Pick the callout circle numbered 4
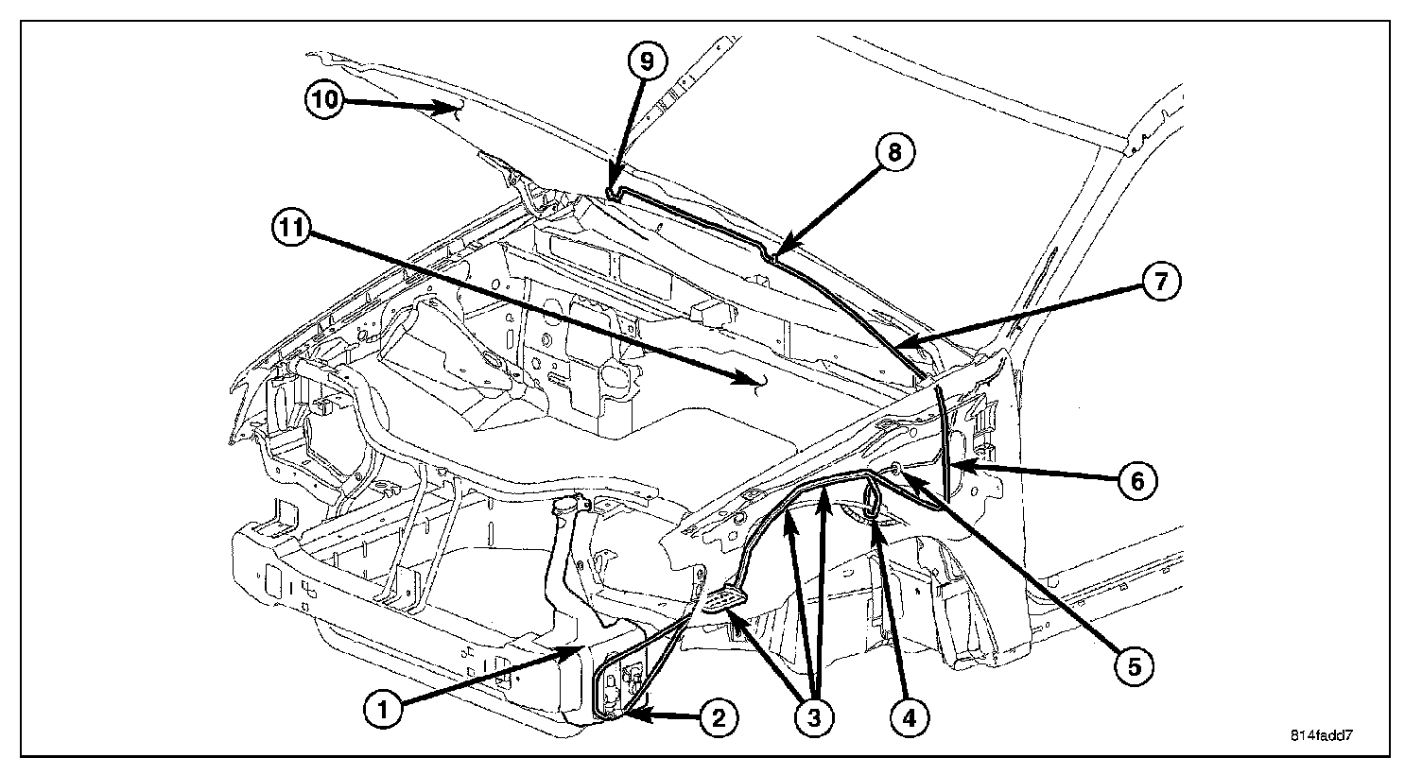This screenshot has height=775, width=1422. click(x=909, y=718)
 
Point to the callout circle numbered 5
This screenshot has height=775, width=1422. click(x=1134, y=666)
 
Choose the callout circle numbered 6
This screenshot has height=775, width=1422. click(x=1136, y=481)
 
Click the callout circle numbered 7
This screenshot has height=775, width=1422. click(x=1160, y=281)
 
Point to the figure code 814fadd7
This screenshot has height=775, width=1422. click(x=1334, y=735)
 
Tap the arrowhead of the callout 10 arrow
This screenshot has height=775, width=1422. click(x=460, y=111)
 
